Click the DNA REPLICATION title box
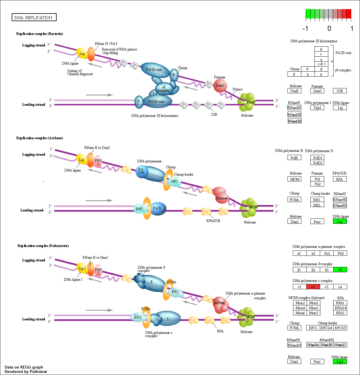click(x=34, y=18)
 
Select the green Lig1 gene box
click(x=340, y=361)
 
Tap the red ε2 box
click(x=313, y=287)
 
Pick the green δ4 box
click(x=340, y=270)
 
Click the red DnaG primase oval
click(x=220, y=85)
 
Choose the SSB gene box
click(x=340, y=91)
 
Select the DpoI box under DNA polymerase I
click(x=317, y=108)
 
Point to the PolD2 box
click(x=317, y=163)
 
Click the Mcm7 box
click(x=313, y=313)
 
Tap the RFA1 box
click(x=340, y=303)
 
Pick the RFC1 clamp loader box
click(x=313, y=328)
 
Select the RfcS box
click(x=317, y=200)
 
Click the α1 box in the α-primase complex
click(x=299, y=253)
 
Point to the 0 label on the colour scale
click(x=329, y=28)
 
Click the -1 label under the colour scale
click(x=305, y=28)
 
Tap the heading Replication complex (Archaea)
click(x=40, y=138)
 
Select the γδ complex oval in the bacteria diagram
click(x=164, y=89)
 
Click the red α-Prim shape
click(x=220, y=303)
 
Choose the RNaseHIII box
click(x=295, y=121)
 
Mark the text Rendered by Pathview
click(x=26, y=371)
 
